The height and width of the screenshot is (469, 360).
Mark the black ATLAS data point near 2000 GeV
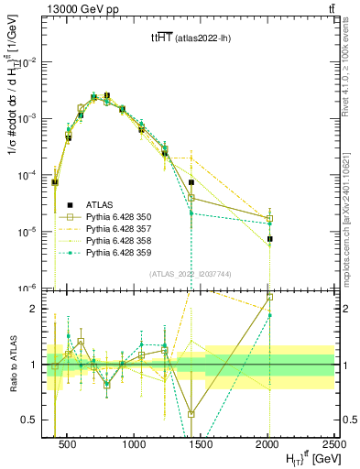pyautogui.click(x=270, y=239)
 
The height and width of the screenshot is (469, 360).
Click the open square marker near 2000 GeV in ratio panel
pyautogui.click(x=270, y=298)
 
